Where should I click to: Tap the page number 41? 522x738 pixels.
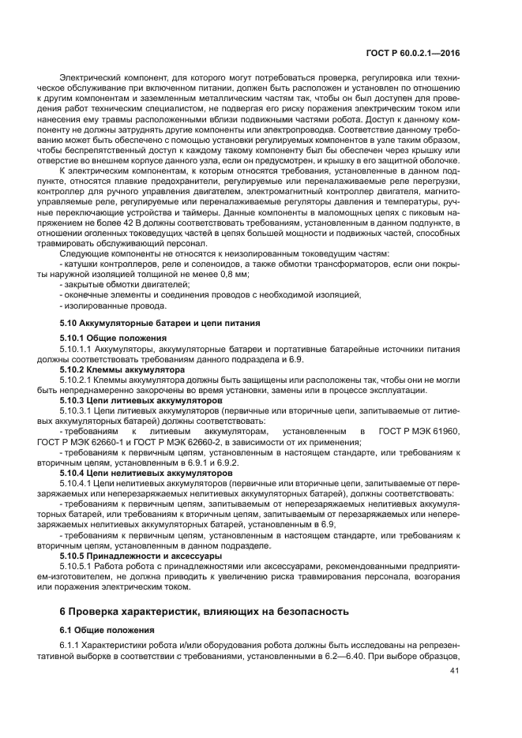pos(453,672)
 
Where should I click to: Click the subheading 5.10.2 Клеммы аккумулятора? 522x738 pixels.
pos(111,369)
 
